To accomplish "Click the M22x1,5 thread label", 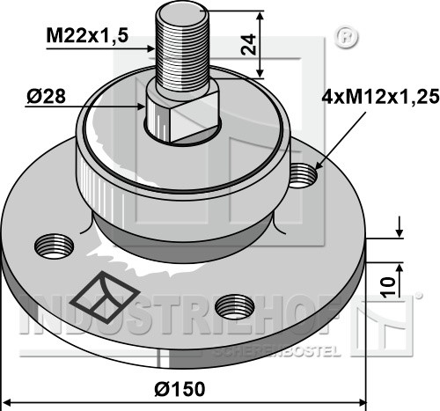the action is click(x=87, y=36).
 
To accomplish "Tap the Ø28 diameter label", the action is click(x=46, y=97).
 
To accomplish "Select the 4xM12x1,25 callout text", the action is click(x=380, y=97).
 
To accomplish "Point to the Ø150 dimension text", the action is click(x=180, y=389).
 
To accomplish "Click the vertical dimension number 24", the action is click(x=248, y=44).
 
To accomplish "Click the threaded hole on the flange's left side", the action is click(x=55, y=246).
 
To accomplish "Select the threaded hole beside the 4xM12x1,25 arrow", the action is click(x=304, y=175).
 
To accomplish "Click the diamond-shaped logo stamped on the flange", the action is click(x=106, y=297).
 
